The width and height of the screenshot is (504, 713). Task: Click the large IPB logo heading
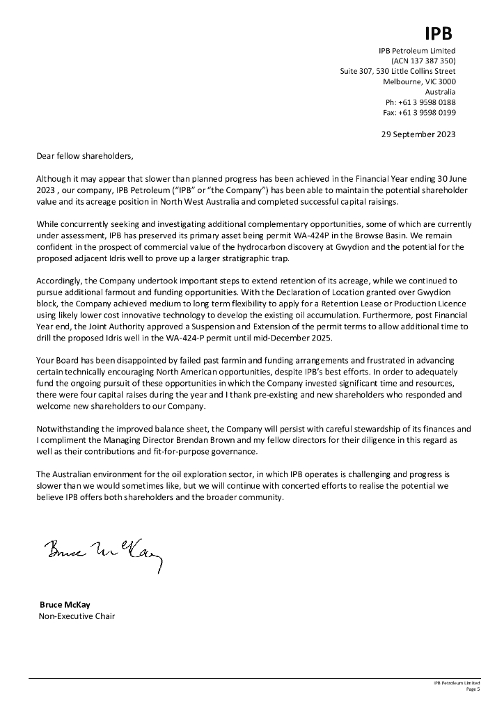439,33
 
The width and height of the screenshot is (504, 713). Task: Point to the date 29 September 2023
418,134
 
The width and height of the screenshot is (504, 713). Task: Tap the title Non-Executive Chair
77,616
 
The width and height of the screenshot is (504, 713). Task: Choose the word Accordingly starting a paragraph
59,281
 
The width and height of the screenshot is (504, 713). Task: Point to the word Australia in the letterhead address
440,92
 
